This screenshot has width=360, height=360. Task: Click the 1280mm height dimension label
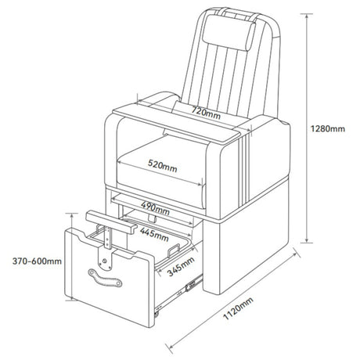pos(328,128)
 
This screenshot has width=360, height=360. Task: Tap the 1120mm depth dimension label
pos(238,308)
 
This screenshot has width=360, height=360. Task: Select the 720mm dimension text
pos(206,113)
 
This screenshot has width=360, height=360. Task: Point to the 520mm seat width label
pos(162,166)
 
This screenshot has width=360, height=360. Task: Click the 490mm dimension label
pos(155,208)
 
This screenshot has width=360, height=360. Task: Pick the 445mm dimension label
pos(154,235)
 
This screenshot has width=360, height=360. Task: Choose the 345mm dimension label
pos(181,266)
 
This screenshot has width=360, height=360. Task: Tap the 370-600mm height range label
pos(37,261)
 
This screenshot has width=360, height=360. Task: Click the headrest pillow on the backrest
pos(229,32)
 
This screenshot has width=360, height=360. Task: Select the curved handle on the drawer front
pos(105,278)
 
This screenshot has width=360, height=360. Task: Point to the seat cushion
pos(160,171)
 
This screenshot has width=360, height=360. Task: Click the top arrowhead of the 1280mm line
pos(307,16)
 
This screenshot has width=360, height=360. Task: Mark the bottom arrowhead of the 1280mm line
pos(307,240)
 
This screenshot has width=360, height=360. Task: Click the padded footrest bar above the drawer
pos(111,221)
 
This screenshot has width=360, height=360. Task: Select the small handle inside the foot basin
pos(174,250)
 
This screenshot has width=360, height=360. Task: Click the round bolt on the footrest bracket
pos(104,261)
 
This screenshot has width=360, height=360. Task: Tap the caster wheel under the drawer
pos(157,315)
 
